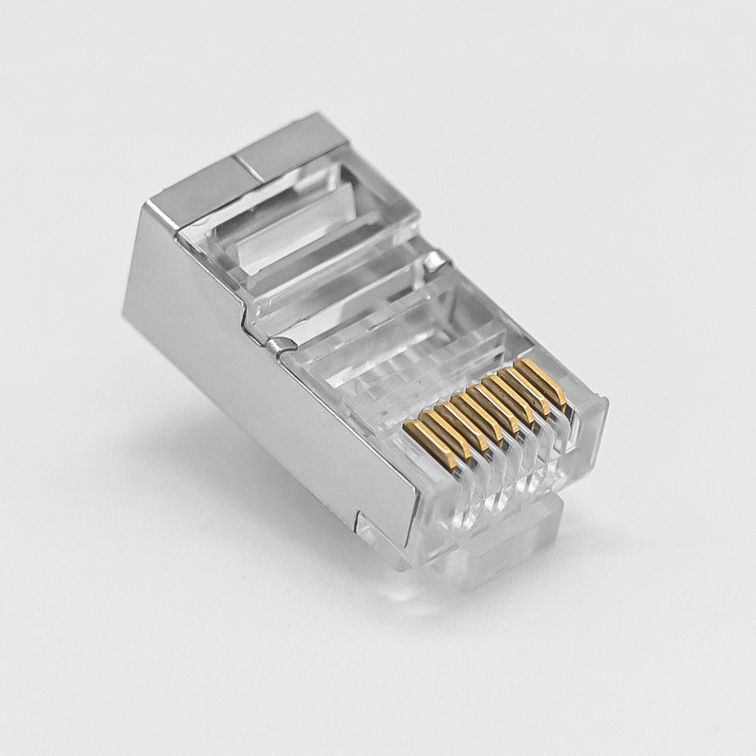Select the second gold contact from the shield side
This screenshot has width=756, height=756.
[x=438, y=422]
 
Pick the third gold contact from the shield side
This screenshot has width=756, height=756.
[x=456, y=415]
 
